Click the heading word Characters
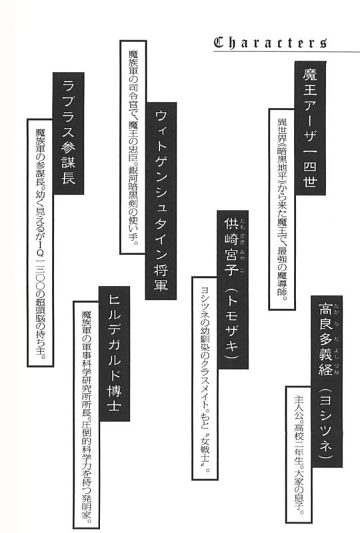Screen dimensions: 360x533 tap(271, 43)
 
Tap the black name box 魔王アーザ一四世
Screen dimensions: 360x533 tap(310, 128)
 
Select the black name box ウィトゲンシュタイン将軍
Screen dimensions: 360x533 tap(161, 201)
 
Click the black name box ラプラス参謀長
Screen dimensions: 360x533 tap(69, 133)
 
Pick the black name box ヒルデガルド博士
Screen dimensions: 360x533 tap(114, 354)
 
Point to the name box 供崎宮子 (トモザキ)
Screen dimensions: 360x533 tap(233, 289)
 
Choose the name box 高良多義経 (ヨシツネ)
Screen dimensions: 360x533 tap(327, 381)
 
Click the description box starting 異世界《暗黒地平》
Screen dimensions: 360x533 tap(282, 209)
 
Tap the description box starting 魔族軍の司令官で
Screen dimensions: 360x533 tap(133, 147)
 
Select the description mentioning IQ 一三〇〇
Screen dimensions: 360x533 tap(40, 243)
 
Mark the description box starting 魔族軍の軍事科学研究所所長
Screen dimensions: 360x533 tap(86, 414)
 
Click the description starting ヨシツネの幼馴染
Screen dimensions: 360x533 tap(205, 378)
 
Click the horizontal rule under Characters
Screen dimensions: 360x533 tap(287, 52)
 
